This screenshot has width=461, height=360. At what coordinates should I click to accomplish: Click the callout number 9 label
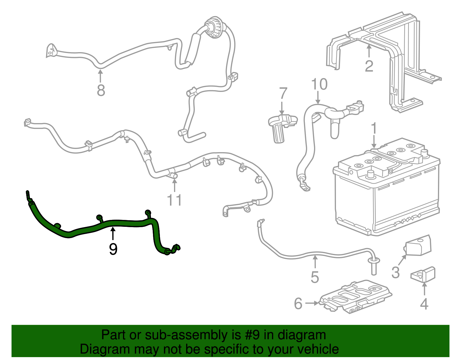(113, 249)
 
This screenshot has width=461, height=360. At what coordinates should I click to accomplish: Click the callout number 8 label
(101, 90)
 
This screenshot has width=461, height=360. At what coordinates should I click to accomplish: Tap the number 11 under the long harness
(175, 200)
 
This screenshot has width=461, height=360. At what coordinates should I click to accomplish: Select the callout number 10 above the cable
(319, 84)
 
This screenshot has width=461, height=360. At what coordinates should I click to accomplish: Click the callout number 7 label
(283, 93)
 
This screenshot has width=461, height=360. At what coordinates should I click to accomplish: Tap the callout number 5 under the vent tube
(315, 277)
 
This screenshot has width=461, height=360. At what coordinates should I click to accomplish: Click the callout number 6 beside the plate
(298, 304)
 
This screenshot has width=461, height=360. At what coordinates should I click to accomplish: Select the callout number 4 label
(424, 304)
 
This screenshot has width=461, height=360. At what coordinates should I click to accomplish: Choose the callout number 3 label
(396, 272)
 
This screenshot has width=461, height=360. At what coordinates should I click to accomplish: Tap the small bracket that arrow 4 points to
(424, 274)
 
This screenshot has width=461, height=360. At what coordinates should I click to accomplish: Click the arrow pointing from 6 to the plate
(312, 303)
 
